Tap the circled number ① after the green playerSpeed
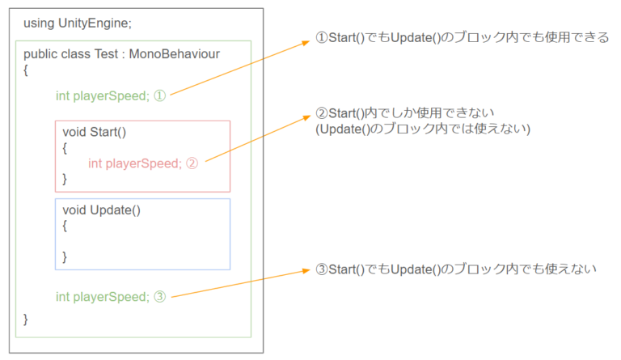pos(159,95)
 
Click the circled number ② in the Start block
pos(192,163)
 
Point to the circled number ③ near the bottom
pos(159,296)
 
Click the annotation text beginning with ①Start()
pos(460,38)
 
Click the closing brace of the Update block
pos(65,256)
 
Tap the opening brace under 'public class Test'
pos(26,70)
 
